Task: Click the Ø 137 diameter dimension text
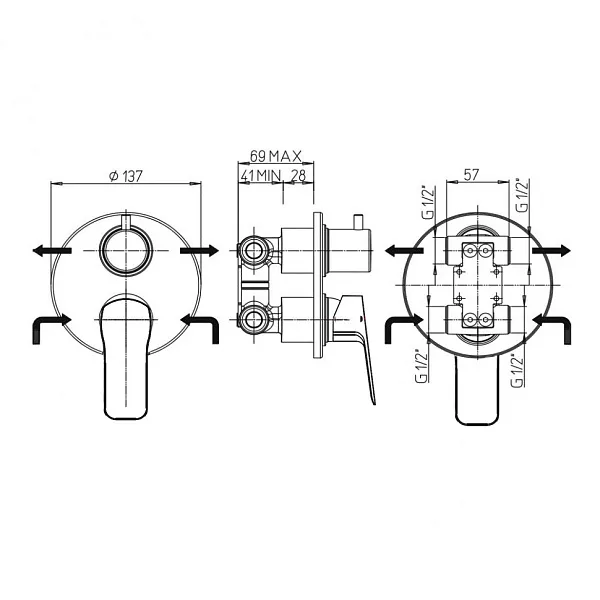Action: [x=126, y=176]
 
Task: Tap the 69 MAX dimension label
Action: [x=276, y=156]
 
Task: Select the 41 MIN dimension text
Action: [x=261, y=175]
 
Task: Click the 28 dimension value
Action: [x=298, y=175]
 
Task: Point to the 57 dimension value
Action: [x=471, y=174]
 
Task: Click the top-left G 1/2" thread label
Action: [x=429, y=202]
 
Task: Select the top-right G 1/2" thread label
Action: [x=523, y=195]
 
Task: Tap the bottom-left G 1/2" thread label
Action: [x=422, y=365]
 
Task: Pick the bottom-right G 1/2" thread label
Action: [x=517, y=370]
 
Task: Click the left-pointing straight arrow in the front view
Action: [x=52, y=251]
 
